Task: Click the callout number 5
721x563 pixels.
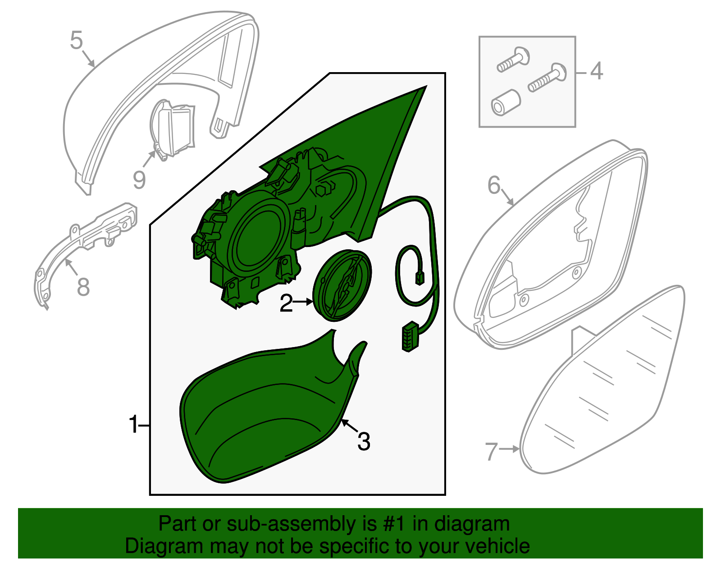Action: pyautogui.click(x=76, y=41)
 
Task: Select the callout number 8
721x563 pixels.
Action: pyautogui.click(x=83, y=287)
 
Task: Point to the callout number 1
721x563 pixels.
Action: pyautogui.click(x=133, y=424)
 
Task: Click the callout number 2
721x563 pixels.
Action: pyautogui.click(x=286, y=302)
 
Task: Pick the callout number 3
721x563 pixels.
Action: pyautogui.click(x=364, y=442)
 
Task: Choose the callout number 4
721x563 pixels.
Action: pyautogui.click(x=597, y=71)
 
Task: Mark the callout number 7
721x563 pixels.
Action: pyautogui.click(x=491, y=451)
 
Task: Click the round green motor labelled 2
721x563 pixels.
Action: pyautogui.click(x=342, y=286)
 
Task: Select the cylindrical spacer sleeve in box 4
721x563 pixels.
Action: pyautogui.click(x=506, y=102)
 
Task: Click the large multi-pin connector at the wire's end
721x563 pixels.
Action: pyautogui.click(x=411, y=336)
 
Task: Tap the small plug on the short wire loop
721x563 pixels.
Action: pyautogui.click(x=420, y=278)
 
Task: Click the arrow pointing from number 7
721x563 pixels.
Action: pyautogui.click(x=509, y=449)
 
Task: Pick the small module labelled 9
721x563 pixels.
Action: pyautogui.click(x=173, y=129)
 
